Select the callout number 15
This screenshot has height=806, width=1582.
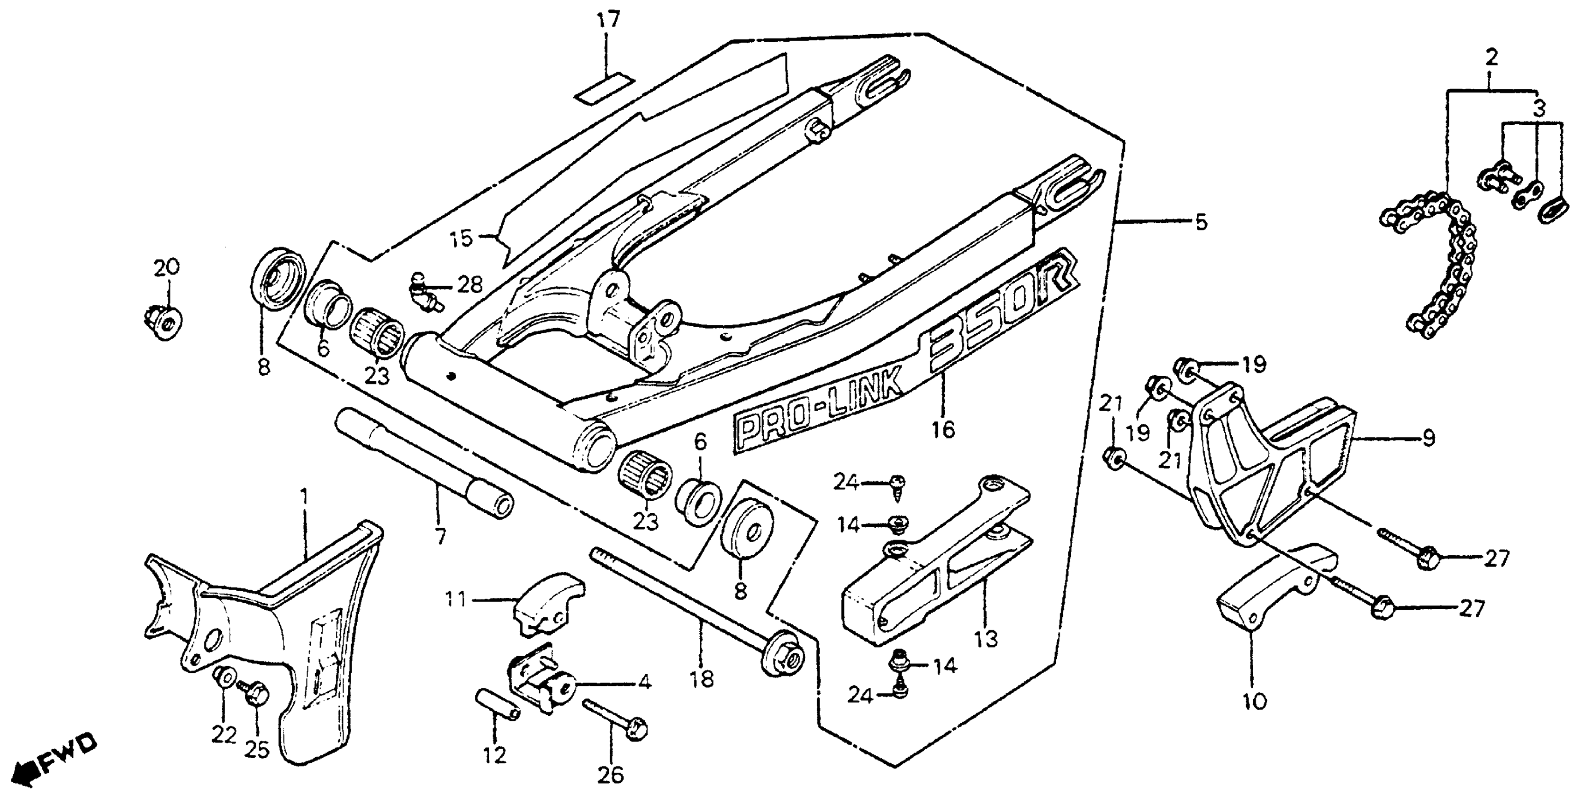460,239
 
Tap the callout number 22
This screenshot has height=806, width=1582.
224,735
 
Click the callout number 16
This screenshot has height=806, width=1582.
943,430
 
